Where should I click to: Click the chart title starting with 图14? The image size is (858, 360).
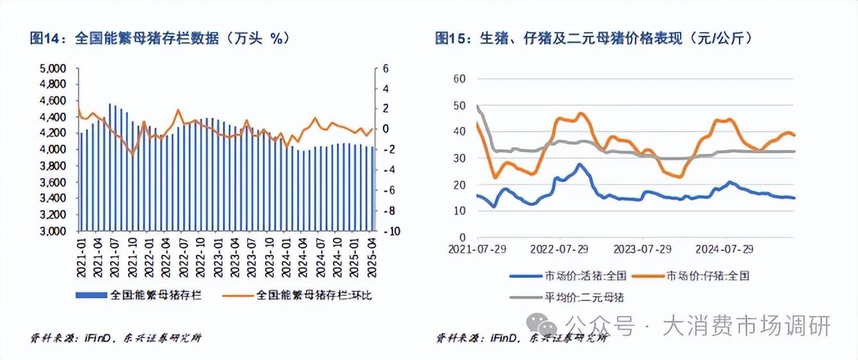click(x=161, y=38)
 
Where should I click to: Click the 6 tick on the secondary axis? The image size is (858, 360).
click(x=386, y=69)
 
